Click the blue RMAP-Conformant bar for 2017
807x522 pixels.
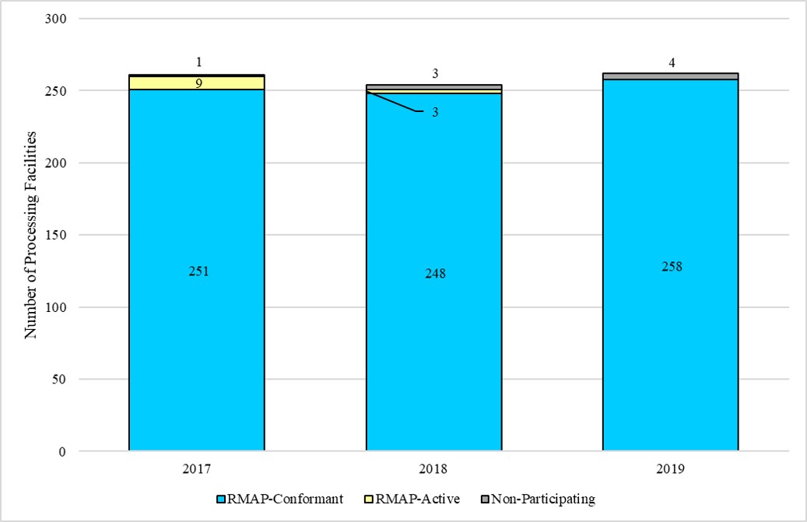(197, 327)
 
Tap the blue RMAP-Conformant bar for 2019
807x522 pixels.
(671, 327)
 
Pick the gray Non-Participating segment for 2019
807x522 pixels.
(671, 76)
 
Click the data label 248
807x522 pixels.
(435, 274)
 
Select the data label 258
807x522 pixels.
(672, 266)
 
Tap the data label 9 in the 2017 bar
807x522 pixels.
(198, 82)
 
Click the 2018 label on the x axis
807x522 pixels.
(434, 469)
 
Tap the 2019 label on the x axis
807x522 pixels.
(671, 469)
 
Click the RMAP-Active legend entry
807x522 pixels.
(418, 499)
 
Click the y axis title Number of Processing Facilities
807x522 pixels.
(32, 236)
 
